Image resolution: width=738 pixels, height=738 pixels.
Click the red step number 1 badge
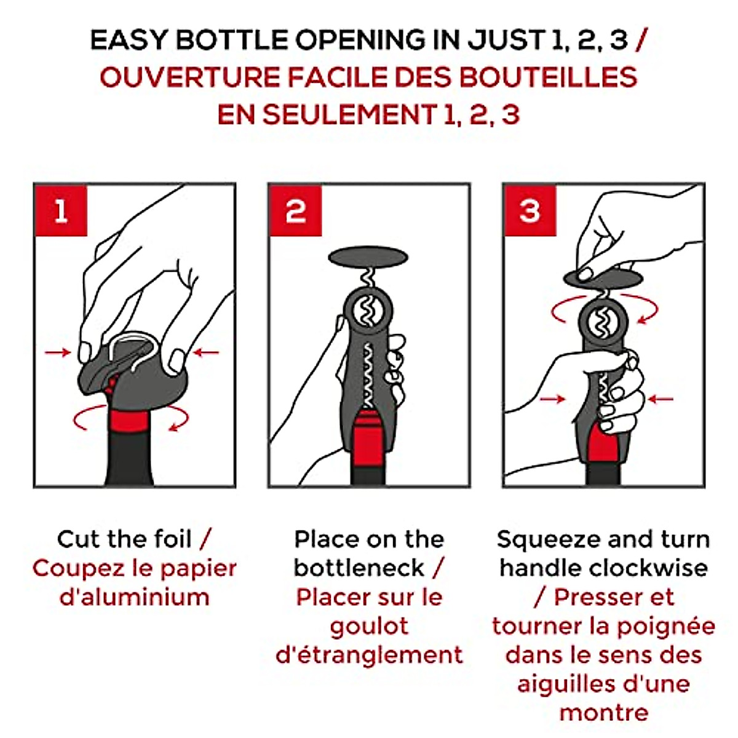[x=61, y=211]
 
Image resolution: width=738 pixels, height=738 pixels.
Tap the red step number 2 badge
[x=296, y=211]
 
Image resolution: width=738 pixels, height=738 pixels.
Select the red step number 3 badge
[x=530, y=211]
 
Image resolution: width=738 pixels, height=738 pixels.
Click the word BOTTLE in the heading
[x=232, y=40]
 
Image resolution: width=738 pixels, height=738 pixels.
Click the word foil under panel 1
[x=172, y=539]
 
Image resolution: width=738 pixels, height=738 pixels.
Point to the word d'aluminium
[x=135, y=597]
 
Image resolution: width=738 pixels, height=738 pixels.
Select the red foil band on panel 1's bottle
[x=130, y=421]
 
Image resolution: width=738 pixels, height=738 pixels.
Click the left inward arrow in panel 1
[x=58, y=352]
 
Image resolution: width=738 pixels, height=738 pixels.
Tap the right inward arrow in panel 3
[x=661, y=400]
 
